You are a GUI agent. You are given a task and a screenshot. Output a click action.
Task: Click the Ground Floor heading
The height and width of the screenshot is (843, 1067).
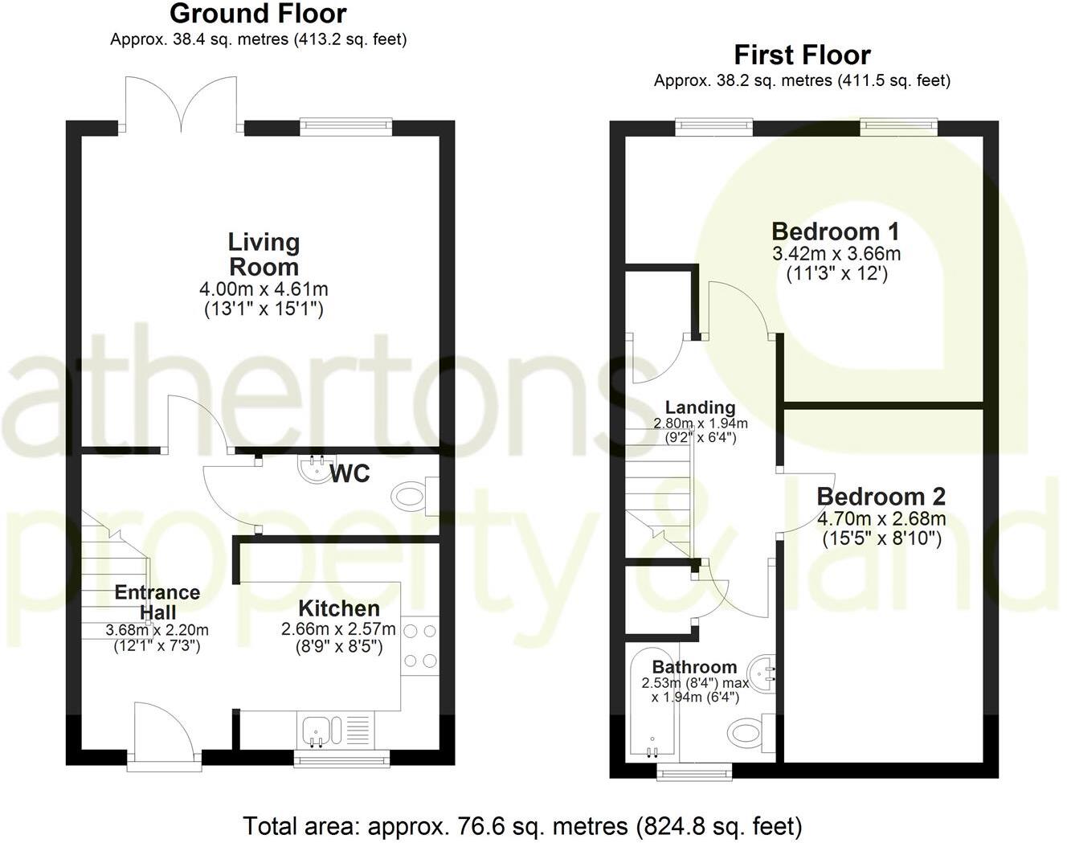[x=258, y=14]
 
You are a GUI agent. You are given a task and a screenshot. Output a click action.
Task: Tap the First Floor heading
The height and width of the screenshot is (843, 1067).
[x=802, y=55]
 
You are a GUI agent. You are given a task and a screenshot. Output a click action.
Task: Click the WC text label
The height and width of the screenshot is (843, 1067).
[x=350, y=474]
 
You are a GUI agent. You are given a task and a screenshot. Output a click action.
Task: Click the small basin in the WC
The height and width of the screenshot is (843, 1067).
[x=311, y=467]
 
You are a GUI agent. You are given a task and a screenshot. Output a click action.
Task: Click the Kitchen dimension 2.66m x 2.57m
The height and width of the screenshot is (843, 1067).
[x=338, y=629]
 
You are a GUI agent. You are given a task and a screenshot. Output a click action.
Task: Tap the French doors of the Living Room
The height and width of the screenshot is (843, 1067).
[x=182, y=104]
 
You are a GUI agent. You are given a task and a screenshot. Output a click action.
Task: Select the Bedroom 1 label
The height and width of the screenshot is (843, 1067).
[x=836, y=232]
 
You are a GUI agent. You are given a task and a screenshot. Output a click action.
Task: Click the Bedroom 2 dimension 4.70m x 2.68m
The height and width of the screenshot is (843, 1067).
[x=881, y=518]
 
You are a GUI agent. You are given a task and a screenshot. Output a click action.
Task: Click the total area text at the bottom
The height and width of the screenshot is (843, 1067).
[x=522, y=825]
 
